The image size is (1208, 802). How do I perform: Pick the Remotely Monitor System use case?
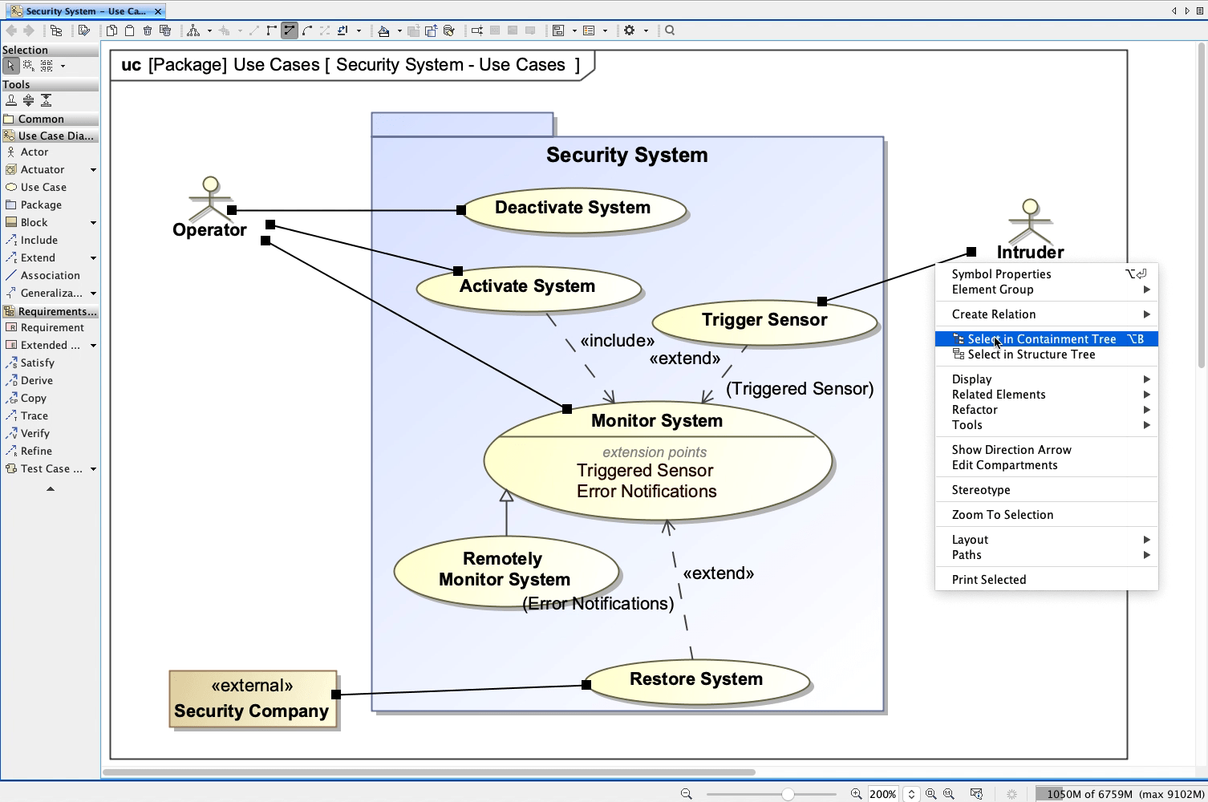click(x=505, y=569)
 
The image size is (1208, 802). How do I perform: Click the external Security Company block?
click(x=252, y=699)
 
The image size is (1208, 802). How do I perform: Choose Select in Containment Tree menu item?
click(x=1041, y=339)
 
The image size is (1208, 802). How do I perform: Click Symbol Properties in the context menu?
click(x=1001, y=274)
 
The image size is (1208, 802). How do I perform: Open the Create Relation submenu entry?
click(x=993, y=314)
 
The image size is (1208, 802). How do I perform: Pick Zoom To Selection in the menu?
click(x=1002, y=515)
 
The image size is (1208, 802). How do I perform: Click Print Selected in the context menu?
click(x=988, y=580)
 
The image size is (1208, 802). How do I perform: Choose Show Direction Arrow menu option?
click(x=1011, y=450)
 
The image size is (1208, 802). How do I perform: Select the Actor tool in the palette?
click(x=34, y=152)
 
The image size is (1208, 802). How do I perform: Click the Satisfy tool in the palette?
click(x=37, y=363)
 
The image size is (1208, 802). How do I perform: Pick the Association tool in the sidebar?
click(x=50, y=276)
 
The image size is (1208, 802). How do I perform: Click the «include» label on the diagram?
click(x=617, y=341)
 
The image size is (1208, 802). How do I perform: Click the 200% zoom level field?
click(x=882, y=794)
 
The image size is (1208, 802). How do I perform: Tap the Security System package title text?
click(x=626, y=156)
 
